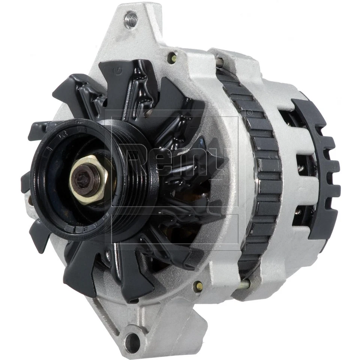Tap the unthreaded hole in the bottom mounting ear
tap(132, 342)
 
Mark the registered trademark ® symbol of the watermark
tap(248, 112)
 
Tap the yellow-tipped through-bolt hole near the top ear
tap(172, 57)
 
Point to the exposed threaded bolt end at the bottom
tap(244, 284)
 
